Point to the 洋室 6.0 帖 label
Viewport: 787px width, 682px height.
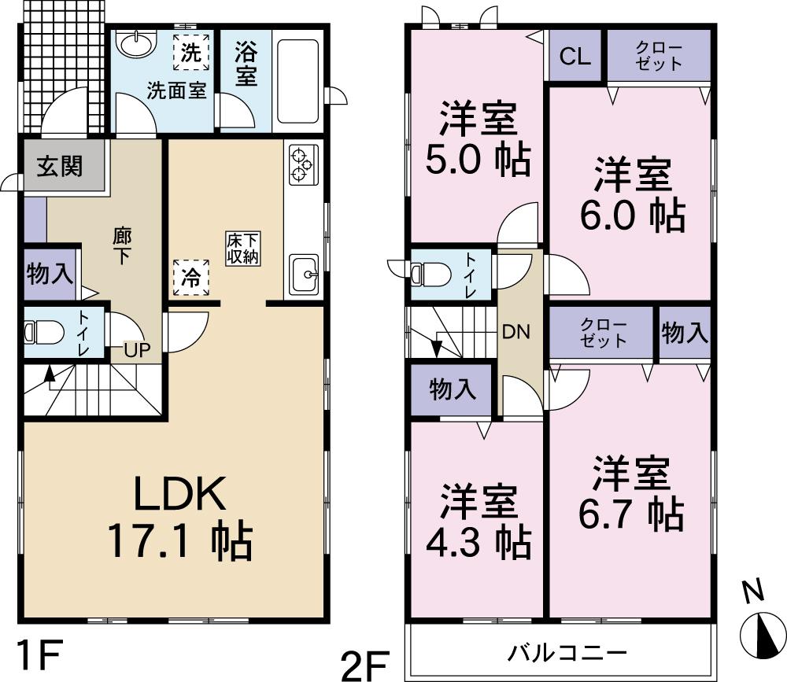pos(632,194)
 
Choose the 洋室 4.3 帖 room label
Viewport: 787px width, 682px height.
pos(478,522)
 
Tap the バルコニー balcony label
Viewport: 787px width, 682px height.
pos(567,652)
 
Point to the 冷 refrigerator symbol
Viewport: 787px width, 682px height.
pos(191,278)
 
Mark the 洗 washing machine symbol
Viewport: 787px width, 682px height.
pos(191,53)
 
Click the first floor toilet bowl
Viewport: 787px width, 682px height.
pos(44,334)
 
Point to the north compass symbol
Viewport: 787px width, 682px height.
pos(760,631)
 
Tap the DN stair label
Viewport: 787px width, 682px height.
pos(516,332)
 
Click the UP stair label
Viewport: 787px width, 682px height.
pos(135,351)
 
